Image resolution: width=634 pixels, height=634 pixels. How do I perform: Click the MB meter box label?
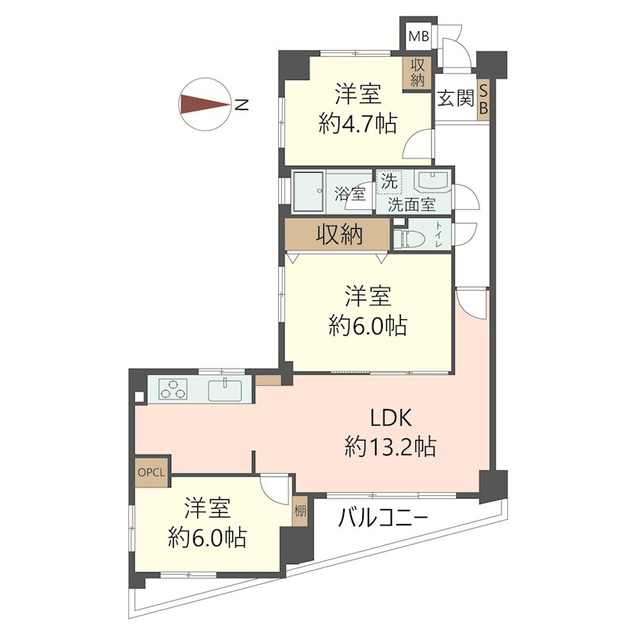(x=418, y=36)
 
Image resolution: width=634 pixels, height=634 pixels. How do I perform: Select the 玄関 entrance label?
(x=456, y=98)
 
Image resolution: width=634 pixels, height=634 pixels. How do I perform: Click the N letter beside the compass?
(x=242, y=105)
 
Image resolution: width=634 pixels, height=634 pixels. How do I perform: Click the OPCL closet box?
(x=151, y=472)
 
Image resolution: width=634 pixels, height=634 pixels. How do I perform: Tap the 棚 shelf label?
(x=300, y=511)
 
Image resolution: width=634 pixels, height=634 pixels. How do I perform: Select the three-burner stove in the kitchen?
(x=173, y=389)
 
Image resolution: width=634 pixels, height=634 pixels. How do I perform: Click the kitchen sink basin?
(x=225, y=390)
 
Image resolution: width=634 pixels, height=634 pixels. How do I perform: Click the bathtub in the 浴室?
(x=308, y=191)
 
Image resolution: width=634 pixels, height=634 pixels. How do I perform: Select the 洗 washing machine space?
(x=389, y=182)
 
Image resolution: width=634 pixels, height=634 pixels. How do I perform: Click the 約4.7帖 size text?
(x=357, y=124)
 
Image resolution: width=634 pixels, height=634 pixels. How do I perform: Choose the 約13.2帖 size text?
(x=390, y=447)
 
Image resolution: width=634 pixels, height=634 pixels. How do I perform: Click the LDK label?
(x=391, y=418)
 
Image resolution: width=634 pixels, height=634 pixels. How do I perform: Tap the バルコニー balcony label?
(x=383, y=518)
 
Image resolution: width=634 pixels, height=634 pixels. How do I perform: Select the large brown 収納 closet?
(x=338, y=234)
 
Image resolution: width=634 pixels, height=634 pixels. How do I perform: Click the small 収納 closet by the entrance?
(x=417, y=72)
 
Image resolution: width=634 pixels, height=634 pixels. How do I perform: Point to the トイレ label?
(x=439, y=235)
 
